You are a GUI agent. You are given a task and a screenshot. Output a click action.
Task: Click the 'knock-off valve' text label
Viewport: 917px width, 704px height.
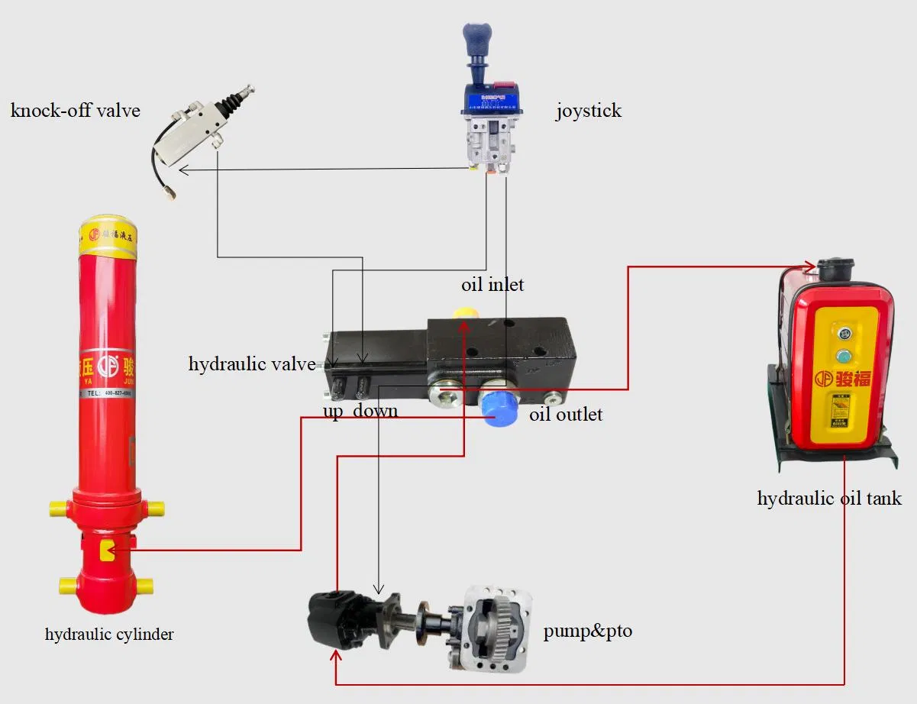[76, 111]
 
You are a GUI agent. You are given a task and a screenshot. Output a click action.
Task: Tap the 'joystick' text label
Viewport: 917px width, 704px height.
[588, 111]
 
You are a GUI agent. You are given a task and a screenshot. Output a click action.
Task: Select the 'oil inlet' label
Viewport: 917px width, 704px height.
[492, 285]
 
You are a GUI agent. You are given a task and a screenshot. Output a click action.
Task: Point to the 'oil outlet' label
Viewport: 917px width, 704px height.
[566, 415]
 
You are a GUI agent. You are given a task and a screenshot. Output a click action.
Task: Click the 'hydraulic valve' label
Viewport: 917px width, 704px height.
[252, 364]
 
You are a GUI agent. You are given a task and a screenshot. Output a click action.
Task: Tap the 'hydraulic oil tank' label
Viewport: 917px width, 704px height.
[829, 499]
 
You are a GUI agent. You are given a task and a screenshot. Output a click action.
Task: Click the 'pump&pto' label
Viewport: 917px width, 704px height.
[587, 631]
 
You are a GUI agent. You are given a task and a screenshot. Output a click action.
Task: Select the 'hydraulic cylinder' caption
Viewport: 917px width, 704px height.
[109, 634]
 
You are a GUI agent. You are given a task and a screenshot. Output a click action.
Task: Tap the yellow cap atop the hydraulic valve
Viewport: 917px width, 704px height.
[464, 313]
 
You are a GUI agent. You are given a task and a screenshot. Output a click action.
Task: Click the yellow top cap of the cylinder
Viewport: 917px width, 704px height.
[108, 233]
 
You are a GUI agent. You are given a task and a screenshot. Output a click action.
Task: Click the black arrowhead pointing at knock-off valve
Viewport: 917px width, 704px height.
[183, 170]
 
